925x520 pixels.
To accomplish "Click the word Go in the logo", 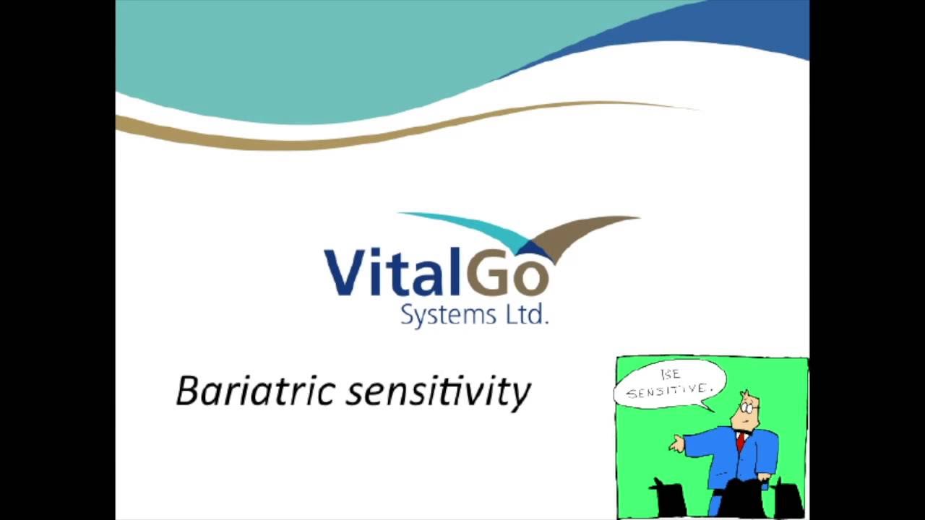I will (x=509, y=274).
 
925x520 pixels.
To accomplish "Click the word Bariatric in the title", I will (x=256, y=391).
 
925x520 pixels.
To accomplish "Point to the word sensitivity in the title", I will (x=438, y=392).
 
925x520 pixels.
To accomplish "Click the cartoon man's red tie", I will (x=741, y=441).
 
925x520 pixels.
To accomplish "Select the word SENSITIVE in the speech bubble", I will (x=668, y=391).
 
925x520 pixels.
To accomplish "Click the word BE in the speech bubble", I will (x=670, y=375).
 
